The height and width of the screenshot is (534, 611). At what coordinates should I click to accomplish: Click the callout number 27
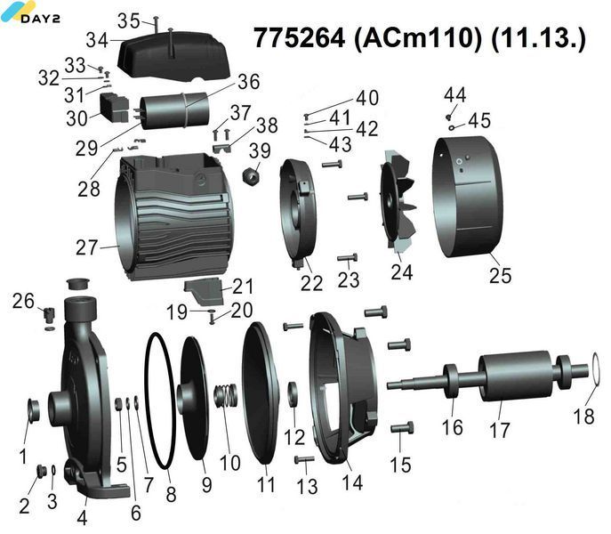click(x=86, y=248)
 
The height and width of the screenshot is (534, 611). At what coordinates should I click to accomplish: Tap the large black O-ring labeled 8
click(x=147, y=390)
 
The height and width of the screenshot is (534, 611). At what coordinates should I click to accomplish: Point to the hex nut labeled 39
click(x=251, y=175)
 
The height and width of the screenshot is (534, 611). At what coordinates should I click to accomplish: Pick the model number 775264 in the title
click(x=299, y=38)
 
